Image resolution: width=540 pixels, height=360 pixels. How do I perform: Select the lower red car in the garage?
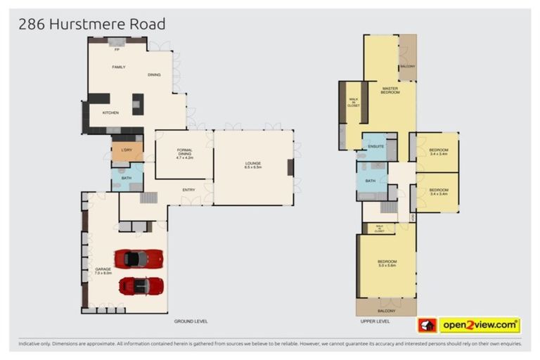tap(141, 286)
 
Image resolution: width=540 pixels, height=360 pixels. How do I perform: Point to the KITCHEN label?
tap(110, 112)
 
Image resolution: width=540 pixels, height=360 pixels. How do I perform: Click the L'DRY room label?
tap(127, 150)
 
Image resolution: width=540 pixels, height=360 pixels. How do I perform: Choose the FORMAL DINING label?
tap(184, 155)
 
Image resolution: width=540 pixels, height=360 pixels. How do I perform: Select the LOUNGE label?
tap(253, 164)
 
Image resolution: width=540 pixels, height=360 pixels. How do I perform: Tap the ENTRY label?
tap(189, 190)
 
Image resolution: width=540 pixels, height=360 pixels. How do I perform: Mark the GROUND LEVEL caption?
tap(191, 321)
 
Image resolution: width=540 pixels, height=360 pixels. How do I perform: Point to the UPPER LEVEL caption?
tap(375, 321)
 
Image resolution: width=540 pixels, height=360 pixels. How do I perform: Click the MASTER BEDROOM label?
tap(390, 90)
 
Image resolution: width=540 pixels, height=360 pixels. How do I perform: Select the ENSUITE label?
tap(375, 146)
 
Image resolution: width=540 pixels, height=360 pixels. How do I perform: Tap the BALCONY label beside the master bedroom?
tap(407, 67)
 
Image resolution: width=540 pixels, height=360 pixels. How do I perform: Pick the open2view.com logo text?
tap(479, 326)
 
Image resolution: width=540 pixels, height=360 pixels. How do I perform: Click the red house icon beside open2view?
tap(427, 326)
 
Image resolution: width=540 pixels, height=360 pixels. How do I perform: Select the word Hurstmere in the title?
tap(89, 24)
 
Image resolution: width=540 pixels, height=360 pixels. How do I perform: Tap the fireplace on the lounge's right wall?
tap(290, 167)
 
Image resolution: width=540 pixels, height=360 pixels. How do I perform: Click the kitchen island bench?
tap(137, 104)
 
